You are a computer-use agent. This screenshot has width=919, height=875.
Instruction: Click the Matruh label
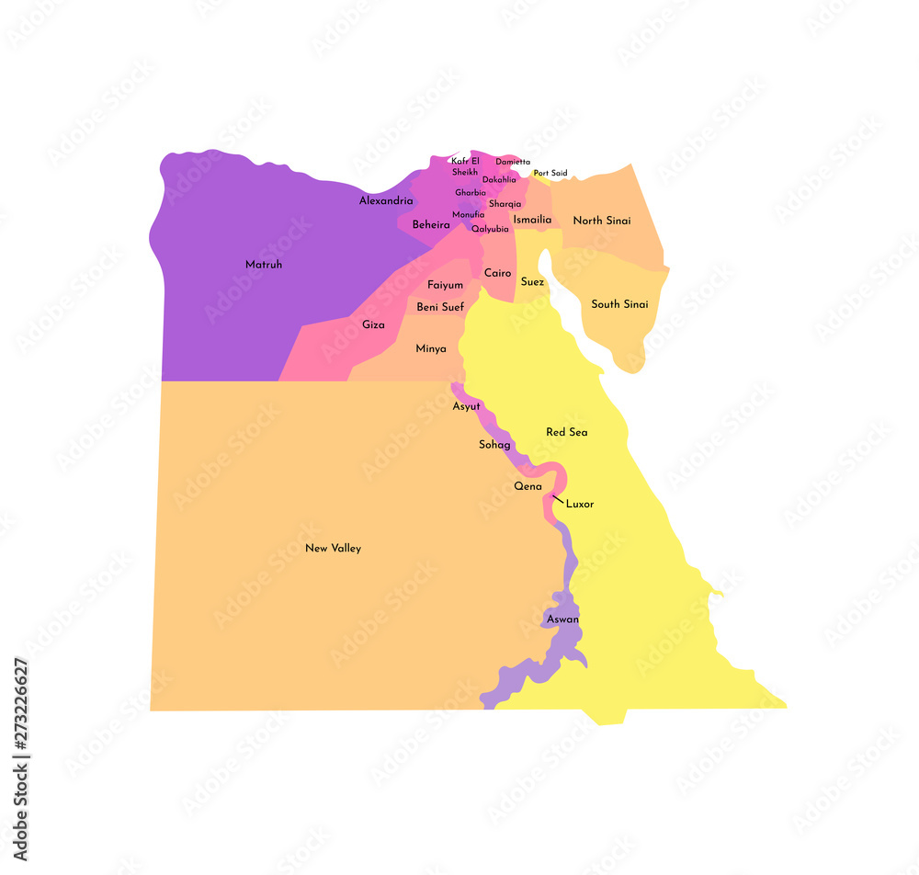264,265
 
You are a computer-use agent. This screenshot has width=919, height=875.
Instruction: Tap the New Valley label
333,549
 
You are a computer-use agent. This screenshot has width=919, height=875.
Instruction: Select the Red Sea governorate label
566,432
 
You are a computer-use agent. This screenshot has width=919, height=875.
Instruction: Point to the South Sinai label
619,304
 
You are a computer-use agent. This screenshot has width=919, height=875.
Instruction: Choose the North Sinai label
601,221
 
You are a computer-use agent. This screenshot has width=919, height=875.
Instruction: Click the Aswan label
562,619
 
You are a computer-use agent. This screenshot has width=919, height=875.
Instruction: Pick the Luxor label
580,504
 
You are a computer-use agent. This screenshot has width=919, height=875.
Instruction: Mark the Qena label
528,486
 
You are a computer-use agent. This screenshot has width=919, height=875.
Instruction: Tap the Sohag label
494,445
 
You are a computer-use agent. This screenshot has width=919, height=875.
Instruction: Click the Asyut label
466,406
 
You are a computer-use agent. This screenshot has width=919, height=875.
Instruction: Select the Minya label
431,348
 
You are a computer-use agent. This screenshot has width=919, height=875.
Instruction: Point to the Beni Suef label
440,307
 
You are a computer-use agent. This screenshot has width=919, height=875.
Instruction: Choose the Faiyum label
445,285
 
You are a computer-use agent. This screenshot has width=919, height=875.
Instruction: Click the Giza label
373,324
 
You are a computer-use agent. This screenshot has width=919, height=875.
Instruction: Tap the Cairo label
497,273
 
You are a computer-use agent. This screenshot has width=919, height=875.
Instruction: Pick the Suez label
532,282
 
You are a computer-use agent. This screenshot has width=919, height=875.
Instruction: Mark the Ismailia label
532,220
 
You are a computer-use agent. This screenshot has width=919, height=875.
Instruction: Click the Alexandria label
386,200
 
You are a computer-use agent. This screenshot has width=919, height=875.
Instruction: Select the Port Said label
550,173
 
